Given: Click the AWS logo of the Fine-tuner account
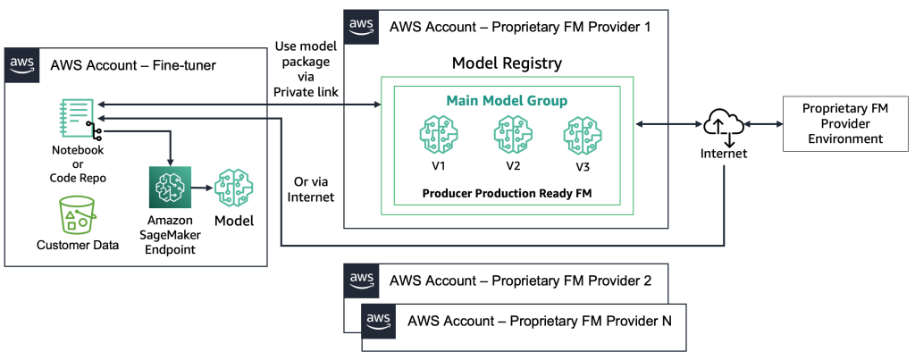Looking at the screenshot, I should [22, 64].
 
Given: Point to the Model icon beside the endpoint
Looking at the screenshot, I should [232, 188].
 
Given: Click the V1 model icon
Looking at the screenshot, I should [438, 135].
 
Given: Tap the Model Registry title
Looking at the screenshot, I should [508, 63].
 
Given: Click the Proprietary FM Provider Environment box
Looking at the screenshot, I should [842, 123].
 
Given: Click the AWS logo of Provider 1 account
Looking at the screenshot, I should [362, 26].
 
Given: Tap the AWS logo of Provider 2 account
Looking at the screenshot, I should [362, 280].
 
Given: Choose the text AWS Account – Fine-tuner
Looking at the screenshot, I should [133, 64].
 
